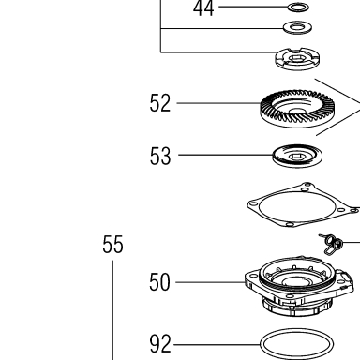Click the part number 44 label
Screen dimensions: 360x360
tap(203, 8)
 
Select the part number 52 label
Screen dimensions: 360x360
tap(160, 103)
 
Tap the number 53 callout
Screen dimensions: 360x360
tap(160, 156)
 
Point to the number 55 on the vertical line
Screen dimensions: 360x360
tap(112, 244)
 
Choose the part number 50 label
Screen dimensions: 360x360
tap(159, 282)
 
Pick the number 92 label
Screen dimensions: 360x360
tap(160, 344)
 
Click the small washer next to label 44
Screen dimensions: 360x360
tap(298, 7)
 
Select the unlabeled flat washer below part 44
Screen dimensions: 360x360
tap(297, 27)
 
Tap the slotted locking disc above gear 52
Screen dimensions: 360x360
tap(298, 59)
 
